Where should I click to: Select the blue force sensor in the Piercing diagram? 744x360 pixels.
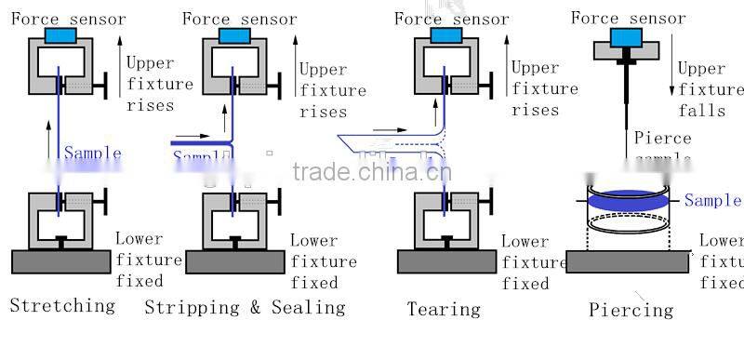[x=627, y=36]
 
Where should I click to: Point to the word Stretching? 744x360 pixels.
[x=62, y=305]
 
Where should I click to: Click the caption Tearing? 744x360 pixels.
[x=444, y=309]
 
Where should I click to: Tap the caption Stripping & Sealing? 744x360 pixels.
[x=245, y=307]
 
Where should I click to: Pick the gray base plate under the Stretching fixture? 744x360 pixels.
[x=61, y=261]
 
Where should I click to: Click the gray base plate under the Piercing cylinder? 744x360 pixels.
[x=628, y=261]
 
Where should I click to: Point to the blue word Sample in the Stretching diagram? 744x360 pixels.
[x=92, y=153]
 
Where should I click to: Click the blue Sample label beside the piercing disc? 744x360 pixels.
[x=712, y=200]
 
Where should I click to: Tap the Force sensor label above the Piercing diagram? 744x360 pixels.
[x=628, y=18]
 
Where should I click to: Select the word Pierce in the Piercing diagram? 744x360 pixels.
[x=662, y=139]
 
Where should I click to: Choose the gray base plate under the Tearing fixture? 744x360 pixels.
[x=444, y=261]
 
